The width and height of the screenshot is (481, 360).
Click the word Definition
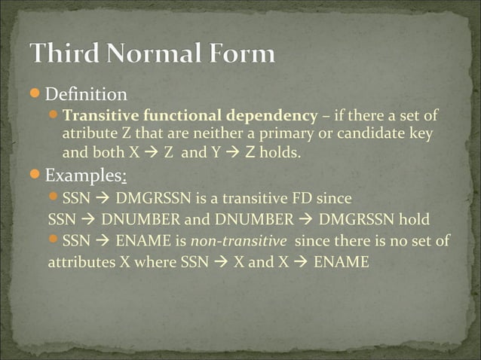85,96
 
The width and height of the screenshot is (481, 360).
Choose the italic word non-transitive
249,242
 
